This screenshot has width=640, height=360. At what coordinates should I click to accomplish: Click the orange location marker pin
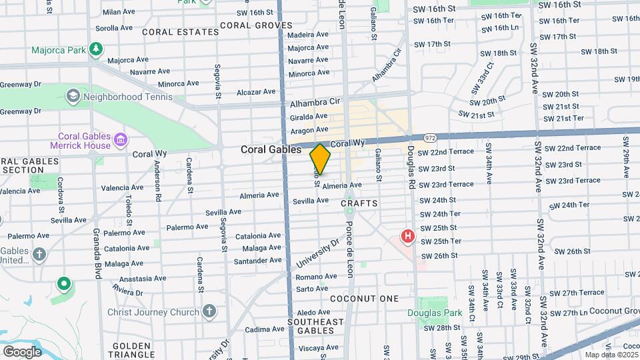point(320,159)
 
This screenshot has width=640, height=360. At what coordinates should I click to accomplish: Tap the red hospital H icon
point(407,236)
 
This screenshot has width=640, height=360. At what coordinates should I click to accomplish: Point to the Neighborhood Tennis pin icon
point(72,97)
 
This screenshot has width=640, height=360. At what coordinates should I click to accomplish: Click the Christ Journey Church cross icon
point(209,311)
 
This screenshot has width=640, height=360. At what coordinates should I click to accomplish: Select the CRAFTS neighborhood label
point(359,203)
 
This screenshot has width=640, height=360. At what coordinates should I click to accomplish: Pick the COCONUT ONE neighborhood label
point(364,299)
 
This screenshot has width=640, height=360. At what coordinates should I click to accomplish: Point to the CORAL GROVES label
point(247,25)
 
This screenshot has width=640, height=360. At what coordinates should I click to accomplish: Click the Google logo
point(22,352)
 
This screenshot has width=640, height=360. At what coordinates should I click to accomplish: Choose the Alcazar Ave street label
point(257,92)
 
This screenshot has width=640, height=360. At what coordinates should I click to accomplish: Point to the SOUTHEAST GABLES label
point(316,327)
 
